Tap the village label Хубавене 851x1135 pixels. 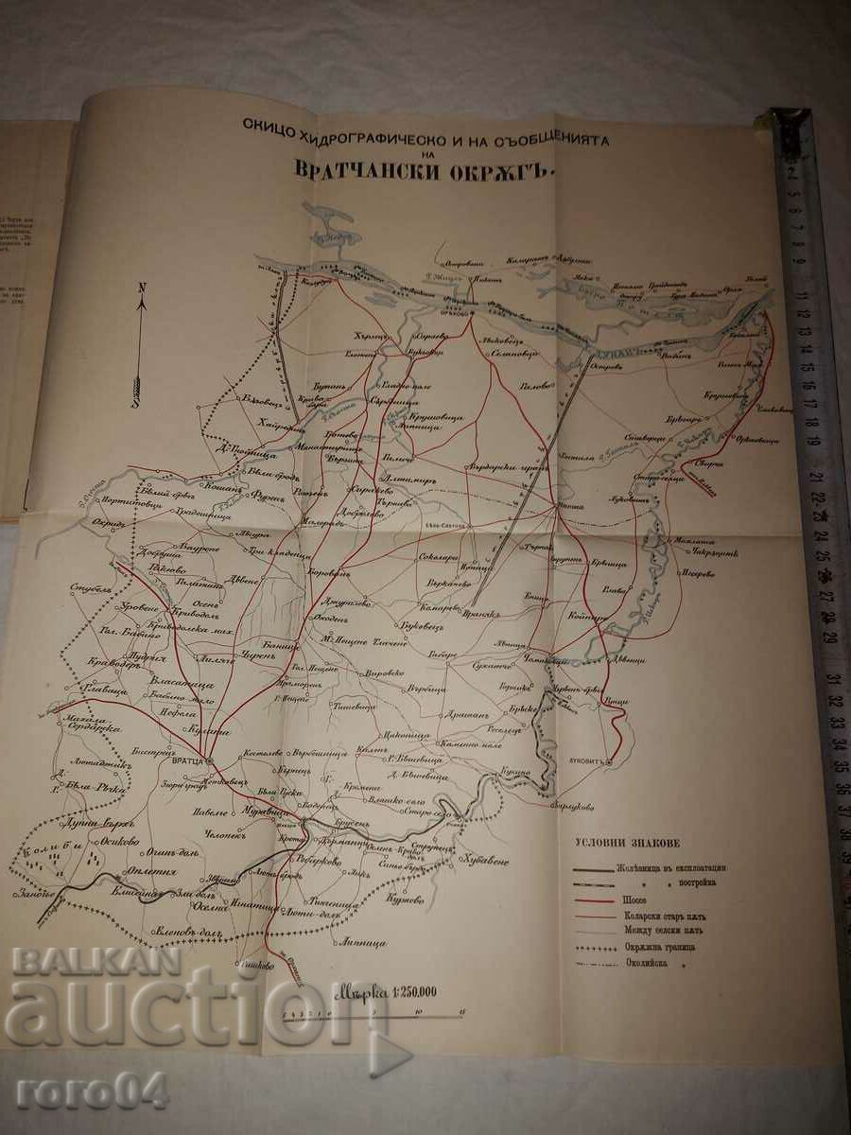(x=486, y=861)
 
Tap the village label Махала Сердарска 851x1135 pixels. (x=93, y=724)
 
